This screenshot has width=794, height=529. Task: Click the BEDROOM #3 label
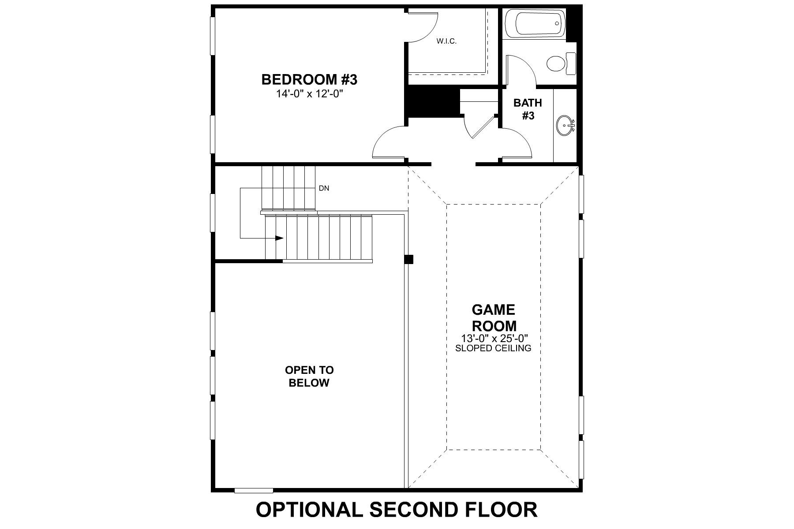coord(309,80)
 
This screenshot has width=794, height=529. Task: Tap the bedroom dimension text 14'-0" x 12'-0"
coord(309,93)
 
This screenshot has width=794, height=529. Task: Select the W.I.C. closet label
coord(446,41)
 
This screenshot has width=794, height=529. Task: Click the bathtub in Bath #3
coord(534,23)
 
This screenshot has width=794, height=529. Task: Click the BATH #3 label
coord(528,109)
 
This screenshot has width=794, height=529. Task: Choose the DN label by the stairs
coord(324,188)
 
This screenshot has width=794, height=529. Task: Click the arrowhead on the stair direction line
coord(279,238)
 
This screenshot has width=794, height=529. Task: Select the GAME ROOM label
coord(494,318)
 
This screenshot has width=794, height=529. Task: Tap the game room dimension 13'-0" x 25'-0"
coord(493,339)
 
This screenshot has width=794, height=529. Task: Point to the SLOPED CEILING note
coord(493,348)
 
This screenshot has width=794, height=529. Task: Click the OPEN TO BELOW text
coord(309,376)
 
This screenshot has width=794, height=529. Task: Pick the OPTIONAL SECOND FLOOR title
coord(397,510)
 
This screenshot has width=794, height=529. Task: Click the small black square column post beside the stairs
coord(409,259)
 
